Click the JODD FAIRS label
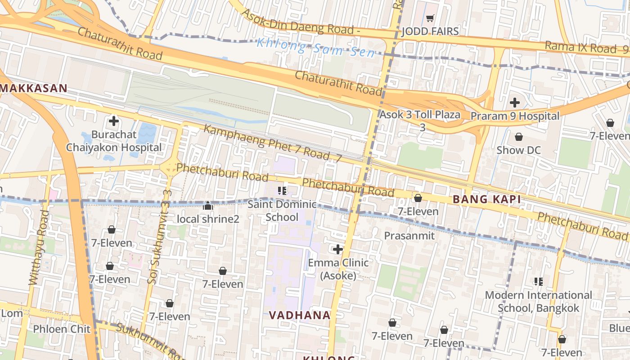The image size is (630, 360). [x=430, y=31]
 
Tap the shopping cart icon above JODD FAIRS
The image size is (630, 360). [x=430, y=18]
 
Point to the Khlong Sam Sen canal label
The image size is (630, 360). [x=315, y=48]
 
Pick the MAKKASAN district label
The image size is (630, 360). [x=34, y=88]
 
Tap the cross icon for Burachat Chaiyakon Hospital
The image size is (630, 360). [x=114, y=121]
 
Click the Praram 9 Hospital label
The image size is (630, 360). [x=515, y=116]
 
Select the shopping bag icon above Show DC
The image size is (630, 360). [x=518, y=137]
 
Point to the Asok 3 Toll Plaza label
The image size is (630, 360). [x=420, y=115]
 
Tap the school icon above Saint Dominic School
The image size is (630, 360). [x=282, y=191]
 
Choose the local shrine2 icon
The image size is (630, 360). [x=208, y=206]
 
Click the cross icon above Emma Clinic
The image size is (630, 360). [x=337, y=249]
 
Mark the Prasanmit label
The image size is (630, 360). [x=409, y=235]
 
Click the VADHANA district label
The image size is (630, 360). [x=300, y=315]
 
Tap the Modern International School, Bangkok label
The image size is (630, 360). [x=538, y=301]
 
